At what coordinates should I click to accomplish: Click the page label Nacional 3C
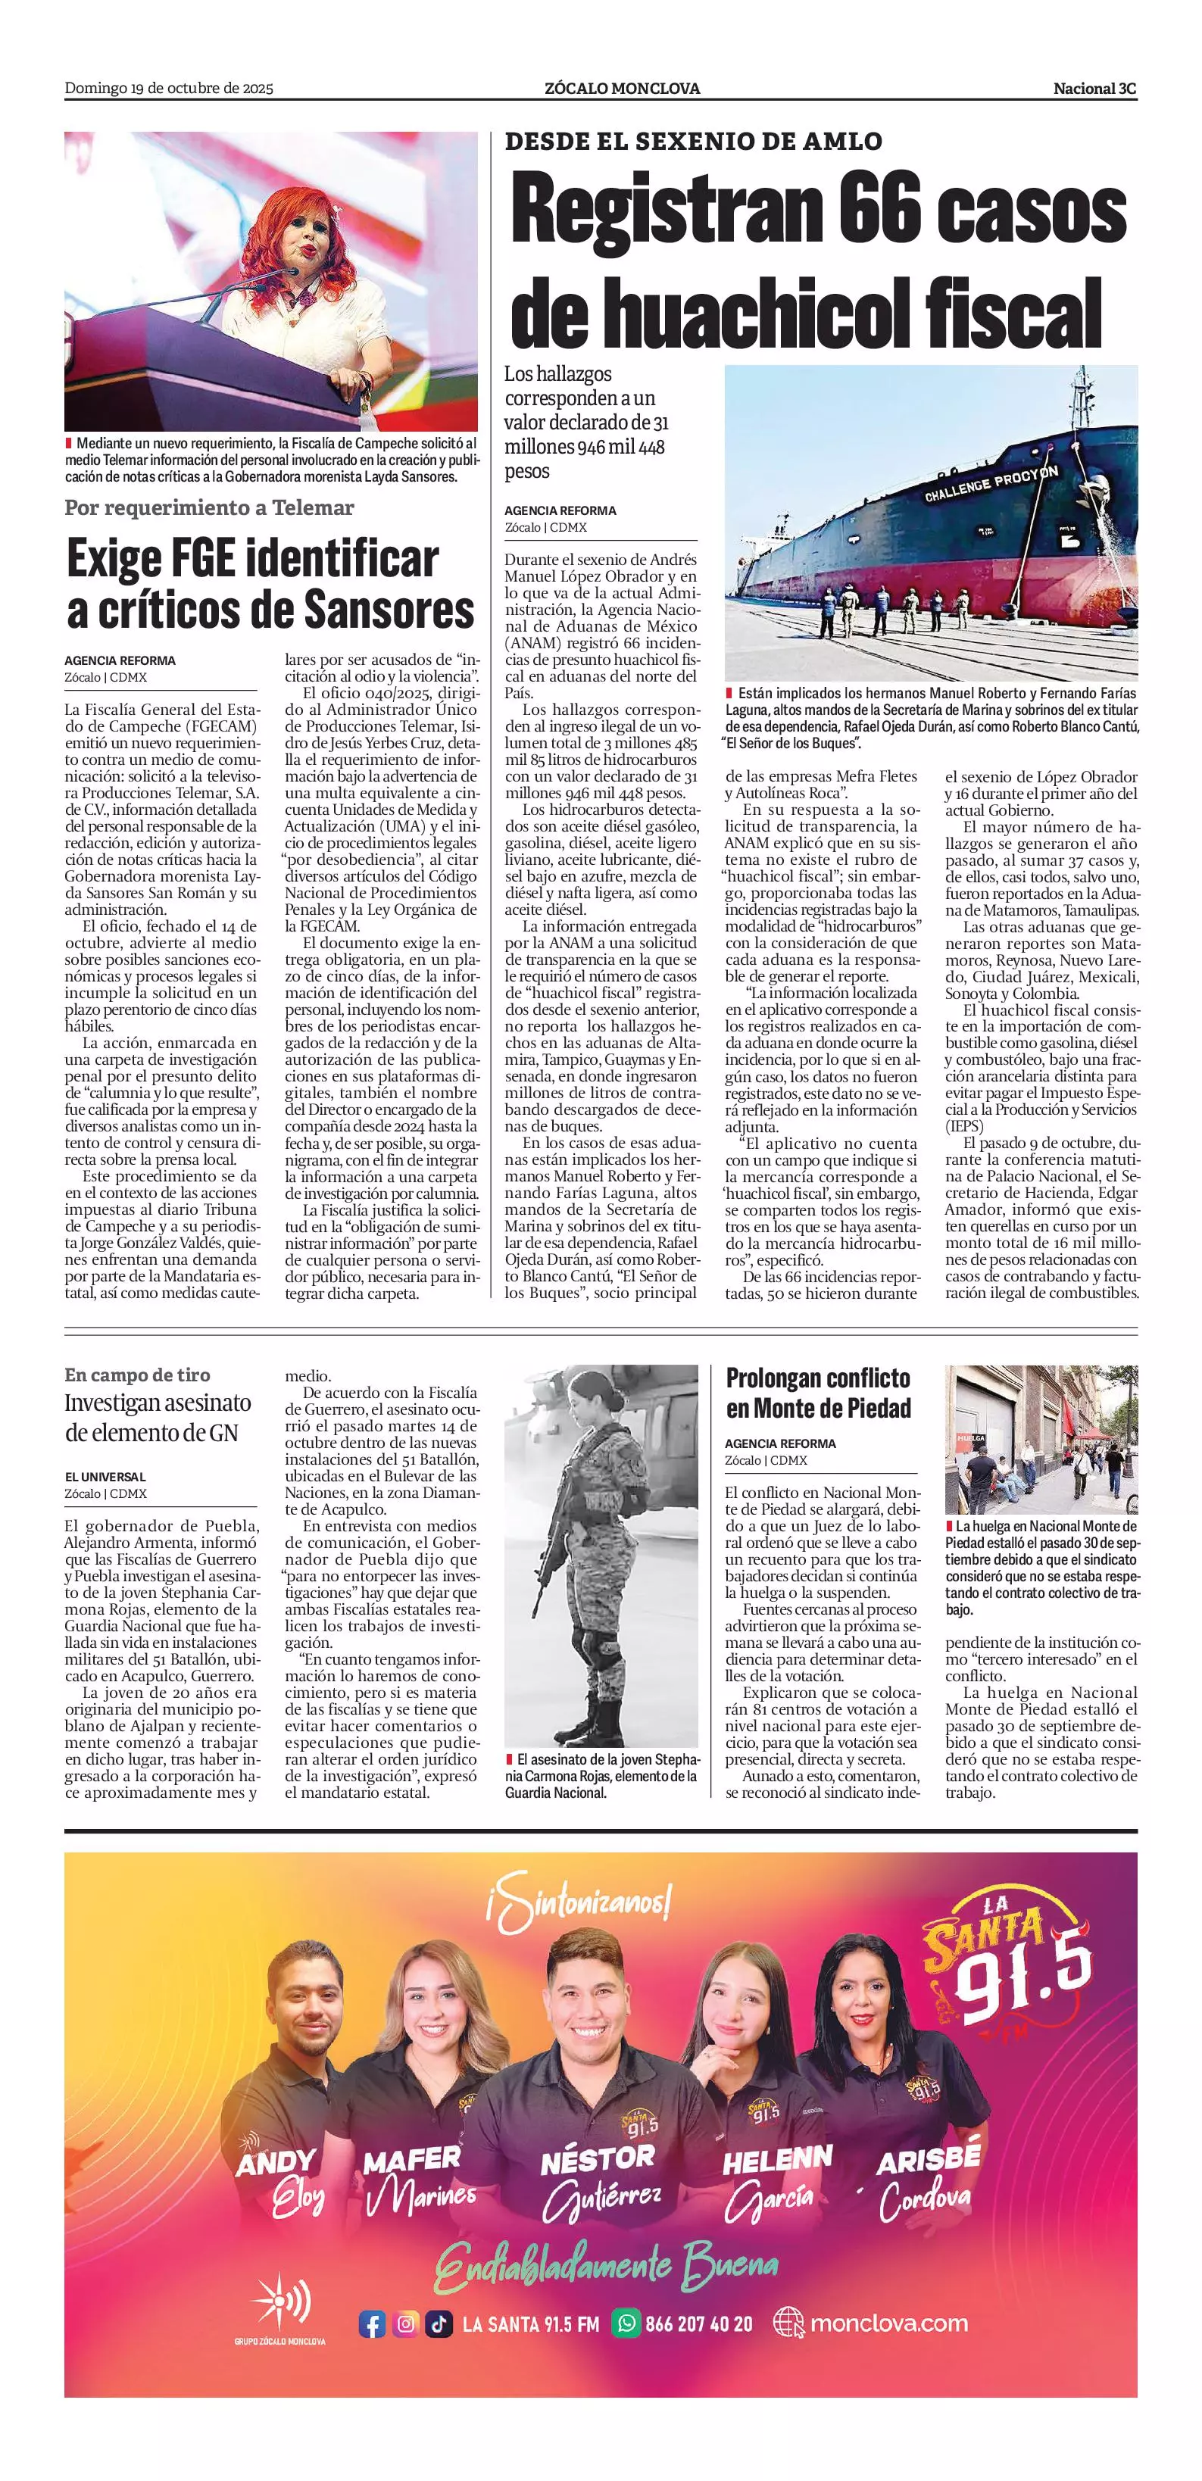(1094, 89)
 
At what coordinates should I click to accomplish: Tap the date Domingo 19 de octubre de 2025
(169, 89)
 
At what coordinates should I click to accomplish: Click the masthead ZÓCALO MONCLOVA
(622, 89)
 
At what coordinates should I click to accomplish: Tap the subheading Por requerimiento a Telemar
(209, 507)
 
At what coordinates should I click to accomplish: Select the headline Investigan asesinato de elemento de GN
(158, 1417)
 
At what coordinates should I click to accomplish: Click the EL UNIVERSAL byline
(105, 1477)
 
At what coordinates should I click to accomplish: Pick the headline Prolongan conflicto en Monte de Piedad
(818, 1393)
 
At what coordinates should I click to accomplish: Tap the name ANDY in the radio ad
(276, 2163)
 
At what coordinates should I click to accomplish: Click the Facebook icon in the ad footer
(372, 2324)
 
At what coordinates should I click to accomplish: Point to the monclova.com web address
(888, 2323)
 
